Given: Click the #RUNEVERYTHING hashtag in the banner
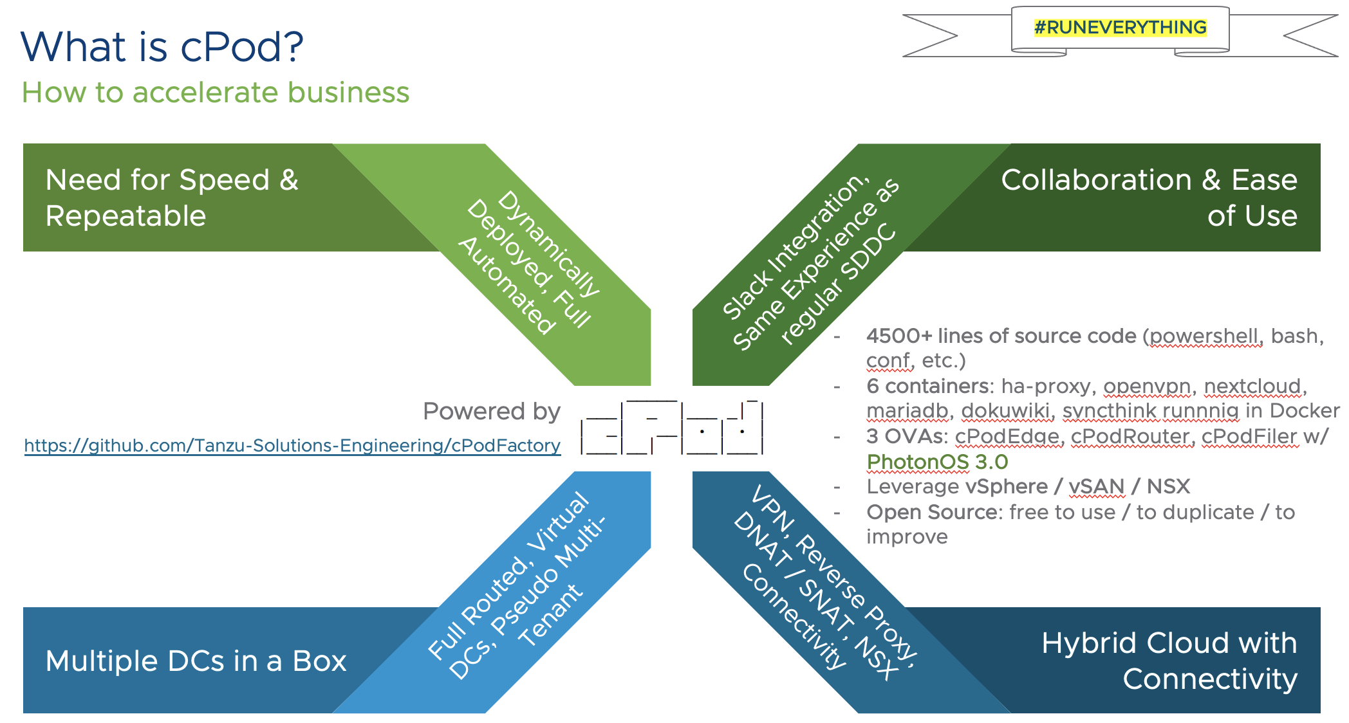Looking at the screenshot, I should coord(1120,28).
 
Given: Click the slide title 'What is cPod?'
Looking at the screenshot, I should coord(162,47).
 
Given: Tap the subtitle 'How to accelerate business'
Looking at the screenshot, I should coord(216,93).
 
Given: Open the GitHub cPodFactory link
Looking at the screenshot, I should coord(292,445).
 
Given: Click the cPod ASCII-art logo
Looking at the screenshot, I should coord(671,428).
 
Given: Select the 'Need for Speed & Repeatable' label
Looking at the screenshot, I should coord(172,197).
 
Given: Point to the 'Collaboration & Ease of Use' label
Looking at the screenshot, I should coord(1149,197).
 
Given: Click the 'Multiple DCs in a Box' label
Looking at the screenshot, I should coord(196,661).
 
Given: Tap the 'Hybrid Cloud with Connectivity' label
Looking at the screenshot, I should coord(1169,661).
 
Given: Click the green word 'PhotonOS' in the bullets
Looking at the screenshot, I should coord(917,462).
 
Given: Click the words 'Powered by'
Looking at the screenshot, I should coord(492,411).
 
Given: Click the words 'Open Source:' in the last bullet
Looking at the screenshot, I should coord(934,512).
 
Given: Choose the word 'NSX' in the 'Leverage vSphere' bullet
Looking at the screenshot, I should coord(1168,486).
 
